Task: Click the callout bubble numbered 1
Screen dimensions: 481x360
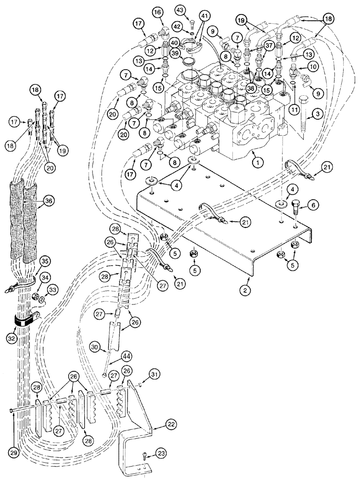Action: pyautogui.click(x=258, y=163)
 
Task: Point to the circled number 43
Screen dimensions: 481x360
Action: pyautogui.click(x=193, y=9)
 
